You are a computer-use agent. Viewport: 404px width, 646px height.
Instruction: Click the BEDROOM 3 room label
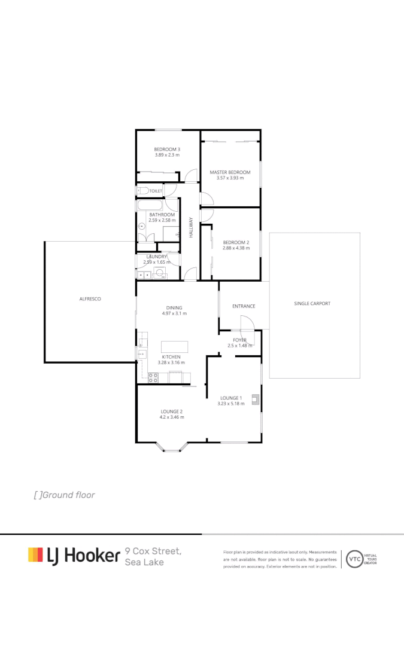pos(167,149)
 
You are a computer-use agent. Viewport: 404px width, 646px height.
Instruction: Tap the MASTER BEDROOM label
pos(230,172)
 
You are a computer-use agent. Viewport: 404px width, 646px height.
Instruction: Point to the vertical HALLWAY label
pos(192,228)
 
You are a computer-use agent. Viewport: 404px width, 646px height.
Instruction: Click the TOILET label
pos(156,191)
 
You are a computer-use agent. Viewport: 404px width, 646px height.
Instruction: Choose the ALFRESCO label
pos(90,298)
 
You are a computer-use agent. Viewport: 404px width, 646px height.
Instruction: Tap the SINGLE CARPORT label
pos(312,303)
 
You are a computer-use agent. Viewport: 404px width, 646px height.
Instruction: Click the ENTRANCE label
pos(244,306)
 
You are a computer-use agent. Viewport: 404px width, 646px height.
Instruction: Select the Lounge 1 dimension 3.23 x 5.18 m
pos(230,404)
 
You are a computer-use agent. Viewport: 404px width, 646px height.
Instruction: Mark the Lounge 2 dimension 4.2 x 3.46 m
pos(172,417)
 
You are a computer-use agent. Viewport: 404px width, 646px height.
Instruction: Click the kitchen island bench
pos(174,347)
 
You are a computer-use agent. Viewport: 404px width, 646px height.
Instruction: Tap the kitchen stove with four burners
pos(153,377)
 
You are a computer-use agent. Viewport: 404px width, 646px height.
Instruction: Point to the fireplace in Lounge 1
pos(256,399)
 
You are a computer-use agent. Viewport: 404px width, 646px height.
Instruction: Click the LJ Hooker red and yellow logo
pos(35,554)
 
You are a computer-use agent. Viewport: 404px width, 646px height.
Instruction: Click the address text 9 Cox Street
pos(153,551)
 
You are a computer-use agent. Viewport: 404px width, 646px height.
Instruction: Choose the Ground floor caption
pos(65,495)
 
